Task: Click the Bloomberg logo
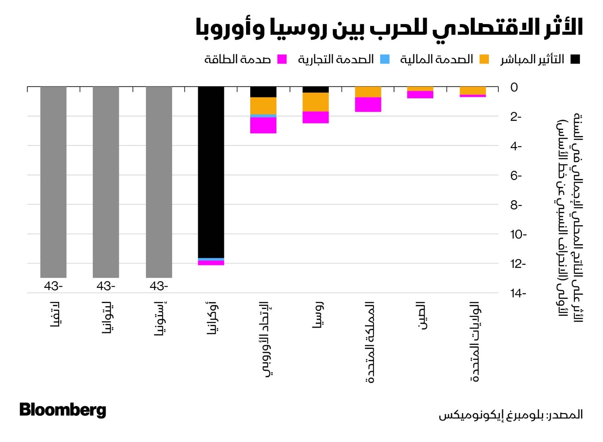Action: pyautogui.click(x=63, y=410)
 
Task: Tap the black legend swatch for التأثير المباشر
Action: pyautogui.click(x=575, y=60)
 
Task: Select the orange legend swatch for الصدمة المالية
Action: pyautogui.click(x=484, y=60)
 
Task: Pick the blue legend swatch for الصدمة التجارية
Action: pyautogui.click(x=385, y=60)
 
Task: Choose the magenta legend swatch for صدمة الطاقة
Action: pyautogui.click(x=282, y=60)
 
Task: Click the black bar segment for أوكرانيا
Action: pyautogui.click(x=211, y=171)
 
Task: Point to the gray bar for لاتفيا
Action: pyautogui.click(x=54, y=182)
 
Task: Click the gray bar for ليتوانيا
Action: pyautogui.click(x=106, y=182)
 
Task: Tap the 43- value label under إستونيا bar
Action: pyautogui.click(x=159, y=286)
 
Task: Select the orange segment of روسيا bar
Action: pyautogui.click(x=316, y=102)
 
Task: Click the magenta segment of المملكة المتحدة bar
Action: pyautogui.click(x=368, y=104)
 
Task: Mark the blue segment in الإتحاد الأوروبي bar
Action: pyautogui.click(x=263, y=116)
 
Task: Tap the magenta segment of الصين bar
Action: pyautogui.click(x=420, y=95)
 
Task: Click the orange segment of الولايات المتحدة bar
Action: pyautogui.click(x=473, y=90)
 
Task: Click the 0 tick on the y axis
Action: pyautogui.click(x=514, y=87)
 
